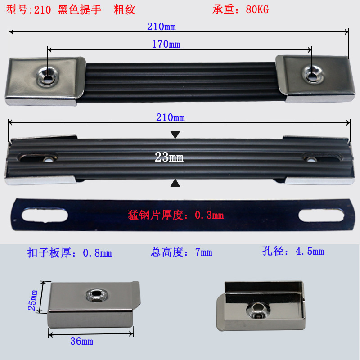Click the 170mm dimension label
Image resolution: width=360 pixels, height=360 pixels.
coord(166,44)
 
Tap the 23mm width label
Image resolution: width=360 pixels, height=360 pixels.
coord(169,157)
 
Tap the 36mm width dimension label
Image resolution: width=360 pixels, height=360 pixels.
coord(81,341)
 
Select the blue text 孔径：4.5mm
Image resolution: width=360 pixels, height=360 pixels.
coord(292,251)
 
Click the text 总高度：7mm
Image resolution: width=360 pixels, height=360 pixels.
coord(181,252)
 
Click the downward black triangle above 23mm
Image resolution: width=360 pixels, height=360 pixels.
coord(175,135)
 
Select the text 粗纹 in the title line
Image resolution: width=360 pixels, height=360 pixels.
coord(125,9)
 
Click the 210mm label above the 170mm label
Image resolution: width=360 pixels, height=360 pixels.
coord(161,27)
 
